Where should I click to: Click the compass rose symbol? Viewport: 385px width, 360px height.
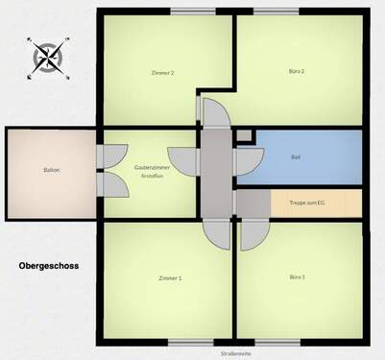[47, 58]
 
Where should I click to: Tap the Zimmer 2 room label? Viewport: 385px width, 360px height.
[162, 73]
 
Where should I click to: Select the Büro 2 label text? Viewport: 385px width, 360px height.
[297, 72]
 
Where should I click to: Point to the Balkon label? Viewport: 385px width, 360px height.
[51, 170]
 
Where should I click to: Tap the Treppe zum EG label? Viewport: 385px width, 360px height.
[306, 204]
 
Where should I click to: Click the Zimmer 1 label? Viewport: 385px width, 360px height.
[169, 278]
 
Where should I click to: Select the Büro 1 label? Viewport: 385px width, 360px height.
[297, 277]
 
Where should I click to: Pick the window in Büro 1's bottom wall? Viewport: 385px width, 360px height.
[277, 343]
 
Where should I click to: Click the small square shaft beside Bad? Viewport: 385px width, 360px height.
[244, 136]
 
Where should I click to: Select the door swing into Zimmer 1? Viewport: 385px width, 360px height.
[217, 233]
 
